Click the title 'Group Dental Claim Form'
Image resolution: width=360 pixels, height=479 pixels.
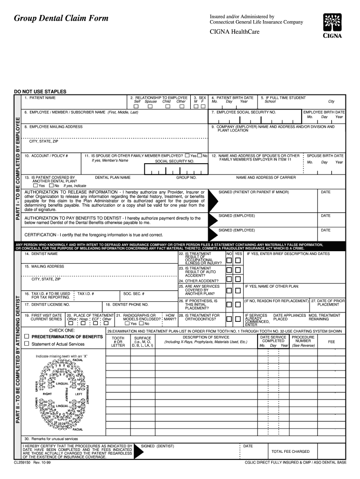[61, 18]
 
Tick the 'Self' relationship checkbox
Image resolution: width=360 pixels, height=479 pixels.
[137, 106]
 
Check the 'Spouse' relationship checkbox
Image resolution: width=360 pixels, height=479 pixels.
[150, 106]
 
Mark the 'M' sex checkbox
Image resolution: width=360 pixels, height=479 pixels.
[196, 106]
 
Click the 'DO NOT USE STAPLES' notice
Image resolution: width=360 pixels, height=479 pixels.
[40, 91]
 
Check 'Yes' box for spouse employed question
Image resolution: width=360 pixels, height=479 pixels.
[187, 155]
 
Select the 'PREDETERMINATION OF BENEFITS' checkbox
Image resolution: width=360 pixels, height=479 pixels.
[27, 337]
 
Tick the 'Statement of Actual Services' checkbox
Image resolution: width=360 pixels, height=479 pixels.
[27, 344]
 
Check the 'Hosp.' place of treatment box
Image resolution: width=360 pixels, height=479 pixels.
[82, 323]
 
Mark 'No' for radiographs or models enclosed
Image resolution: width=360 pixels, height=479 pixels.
[141, 324]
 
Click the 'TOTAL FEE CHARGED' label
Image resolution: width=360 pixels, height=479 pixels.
[290, 451]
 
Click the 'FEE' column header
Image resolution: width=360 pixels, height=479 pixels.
[331, 342]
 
